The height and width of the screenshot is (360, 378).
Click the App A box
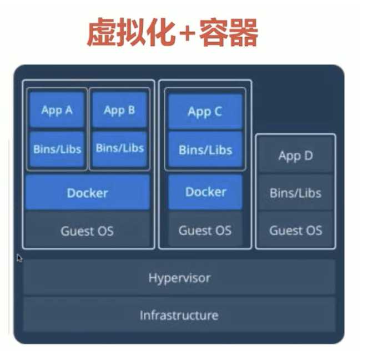click(x=57, y=110)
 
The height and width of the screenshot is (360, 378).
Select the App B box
click(x=119, y=110)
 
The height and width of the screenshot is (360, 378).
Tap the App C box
click(x=205, y=112)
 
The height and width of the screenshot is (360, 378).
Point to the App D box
click(x=295, y=156)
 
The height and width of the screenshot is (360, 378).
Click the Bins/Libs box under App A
click(x=57, y=148)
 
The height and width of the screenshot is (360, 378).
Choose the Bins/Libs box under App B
click(x=119, y=148)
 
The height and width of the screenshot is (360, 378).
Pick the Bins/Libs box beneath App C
click(x=205, y=149)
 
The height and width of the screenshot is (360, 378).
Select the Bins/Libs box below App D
click(x=295, y=193)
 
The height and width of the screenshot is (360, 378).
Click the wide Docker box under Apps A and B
click(x=87, y=193)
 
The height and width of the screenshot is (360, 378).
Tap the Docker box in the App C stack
click(x=205, y=192)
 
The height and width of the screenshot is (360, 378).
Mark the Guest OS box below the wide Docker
click(x=87, y=231)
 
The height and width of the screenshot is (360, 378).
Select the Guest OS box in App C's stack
click(x=205, y=230)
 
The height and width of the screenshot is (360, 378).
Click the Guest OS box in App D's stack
click(x=295, y=230)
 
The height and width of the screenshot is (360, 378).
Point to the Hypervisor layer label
click(x=179, y=278)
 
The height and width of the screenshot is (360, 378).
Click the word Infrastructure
click(x=179, y=316)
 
